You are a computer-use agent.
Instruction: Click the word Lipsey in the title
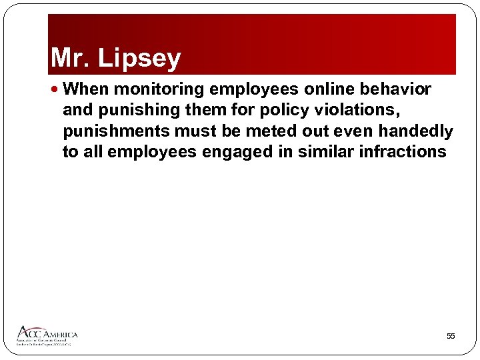click(x=139, y=59)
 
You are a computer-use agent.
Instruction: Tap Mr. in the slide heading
click(x=71, y=59)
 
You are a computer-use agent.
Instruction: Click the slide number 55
click(x=451, y=337)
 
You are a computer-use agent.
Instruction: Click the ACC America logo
click(x=47, y=335)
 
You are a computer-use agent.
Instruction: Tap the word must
click(x=195, y=131)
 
